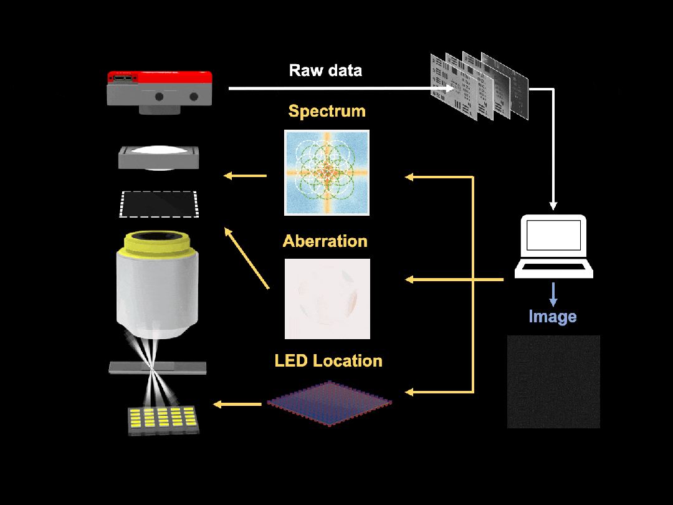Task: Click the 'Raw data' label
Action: (x=325, y=70)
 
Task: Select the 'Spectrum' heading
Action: (x=327, y=112)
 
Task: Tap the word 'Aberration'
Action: (x=325, y=241)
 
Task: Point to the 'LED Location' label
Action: (x=328, y=361)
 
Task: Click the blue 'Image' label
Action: (x=552, y=317)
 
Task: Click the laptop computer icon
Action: (x=553, y=246)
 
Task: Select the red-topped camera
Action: (x=160, y=90)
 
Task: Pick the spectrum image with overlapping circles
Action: (x=327, y=173)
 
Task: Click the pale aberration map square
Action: (x=327, y=299)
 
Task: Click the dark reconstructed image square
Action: (x=553, y=382)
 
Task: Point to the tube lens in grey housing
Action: (x=159, y=158)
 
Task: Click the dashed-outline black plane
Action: (x=159, y=204)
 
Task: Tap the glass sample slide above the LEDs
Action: (x=157, y=368)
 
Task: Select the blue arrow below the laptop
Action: (x=552, y=294)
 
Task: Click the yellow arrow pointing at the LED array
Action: (x=237, y=405)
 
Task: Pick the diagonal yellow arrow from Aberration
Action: (x=246, y=258)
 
